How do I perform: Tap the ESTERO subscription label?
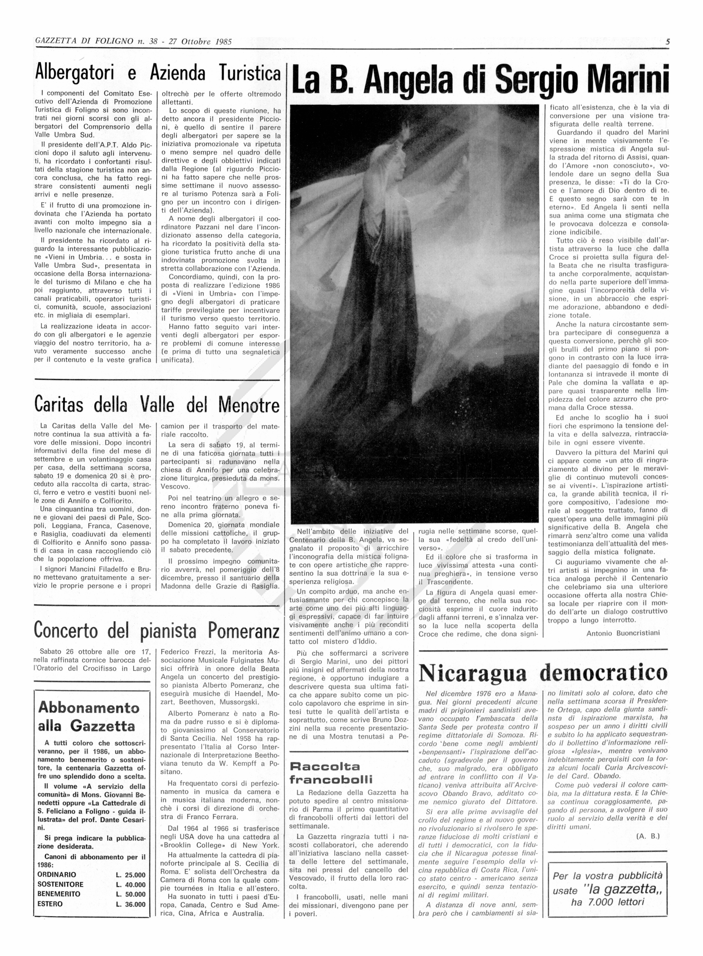50,904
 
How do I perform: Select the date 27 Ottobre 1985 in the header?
200,42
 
